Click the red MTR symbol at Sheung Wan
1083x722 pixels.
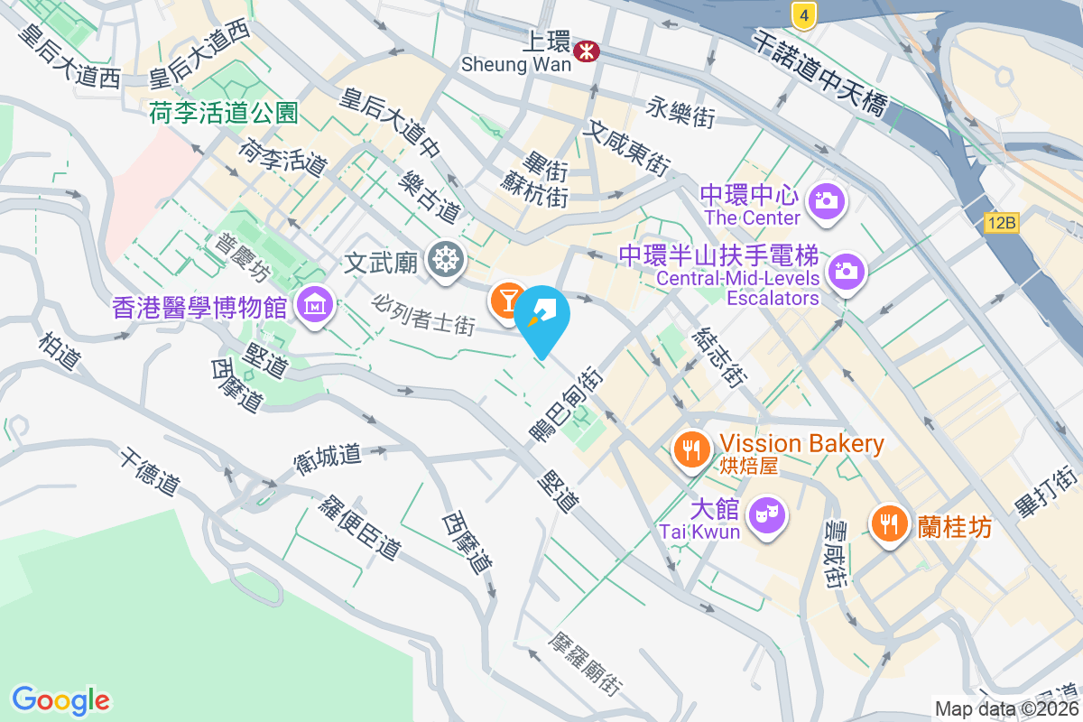pyautogui.click(x=586, y=51)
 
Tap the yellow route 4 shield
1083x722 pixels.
pyautogui.click(x=803, y=14)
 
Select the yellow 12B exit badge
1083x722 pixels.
pyautogui.click(x=1002, y=223)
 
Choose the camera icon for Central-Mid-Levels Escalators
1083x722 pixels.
pyautogui.click(x=847, y=271)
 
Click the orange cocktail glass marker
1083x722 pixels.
pyautogui.click(x=507, y=299)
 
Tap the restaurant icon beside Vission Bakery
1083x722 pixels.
pyautogui.click(x=692, y=448)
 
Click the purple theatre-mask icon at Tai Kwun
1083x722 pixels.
pyautogui.click(x=767, y=515)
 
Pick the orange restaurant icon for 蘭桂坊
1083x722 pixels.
pyautogui.click(x=890, y=523)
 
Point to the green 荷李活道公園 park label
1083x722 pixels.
pyautogui.click(x=224, y=113)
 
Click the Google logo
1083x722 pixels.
pyautogui.click(x=61, y=699)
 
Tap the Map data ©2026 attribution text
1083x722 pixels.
pyautogui.click(x=1006, y=708)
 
